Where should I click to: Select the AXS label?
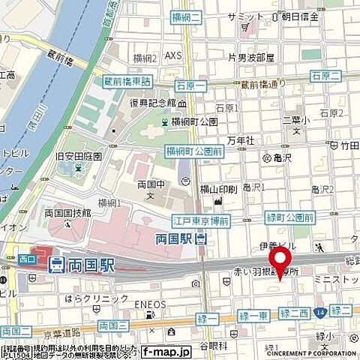tap(173, 55)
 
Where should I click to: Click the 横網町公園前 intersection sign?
tap(193, 151)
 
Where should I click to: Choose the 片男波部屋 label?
tap(250, 56)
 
